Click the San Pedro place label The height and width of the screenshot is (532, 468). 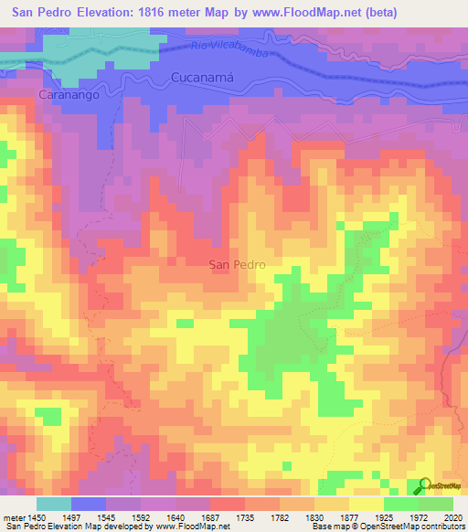click(238, 264)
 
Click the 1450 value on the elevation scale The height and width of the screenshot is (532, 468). click(37, 516)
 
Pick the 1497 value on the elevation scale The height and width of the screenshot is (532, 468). click(72, 516)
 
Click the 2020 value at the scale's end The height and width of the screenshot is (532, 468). click(452, 516)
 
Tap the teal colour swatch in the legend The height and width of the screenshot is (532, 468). click(54, 504)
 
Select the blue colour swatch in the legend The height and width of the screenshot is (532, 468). click(89, 504)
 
